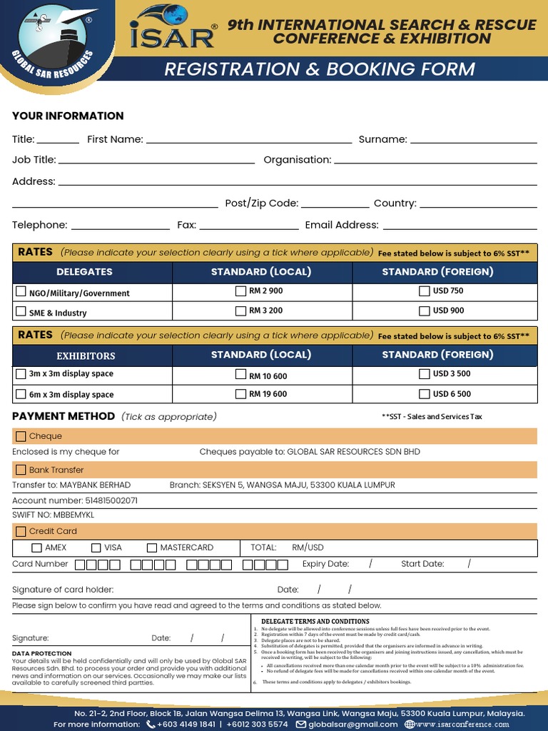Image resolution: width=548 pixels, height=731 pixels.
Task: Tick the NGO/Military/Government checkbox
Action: click(21, 292)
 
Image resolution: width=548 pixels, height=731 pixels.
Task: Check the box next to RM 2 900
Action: click(240, 291)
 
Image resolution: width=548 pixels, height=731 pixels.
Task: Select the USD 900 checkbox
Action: click(425, 311)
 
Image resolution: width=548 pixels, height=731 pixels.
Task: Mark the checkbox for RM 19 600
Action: click(240, 393)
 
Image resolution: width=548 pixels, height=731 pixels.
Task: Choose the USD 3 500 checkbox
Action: click(425, 373)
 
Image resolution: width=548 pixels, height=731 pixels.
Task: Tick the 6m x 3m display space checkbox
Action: click(21, 394)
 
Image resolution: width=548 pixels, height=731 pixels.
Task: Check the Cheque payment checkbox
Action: click(21, 436)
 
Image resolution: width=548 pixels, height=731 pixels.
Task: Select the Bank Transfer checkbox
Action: click(21, 470)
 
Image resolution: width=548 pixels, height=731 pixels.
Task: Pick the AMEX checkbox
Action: click(37, 548)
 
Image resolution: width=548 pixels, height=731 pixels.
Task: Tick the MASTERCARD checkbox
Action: click(152, 548)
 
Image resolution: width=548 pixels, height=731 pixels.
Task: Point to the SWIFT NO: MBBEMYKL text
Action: click(53, 515)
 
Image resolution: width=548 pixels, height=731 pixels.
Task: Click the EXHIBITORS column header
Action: click(86, 356)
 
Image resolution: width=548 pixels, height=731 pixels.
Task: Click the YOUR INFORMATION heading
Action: click(68, 116)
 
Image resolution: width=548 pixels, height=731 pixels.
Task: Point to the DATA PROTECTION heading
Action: click(42, 653)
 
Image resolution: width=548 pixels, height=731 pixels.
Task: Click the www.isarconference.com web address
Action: click(462, 724)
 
